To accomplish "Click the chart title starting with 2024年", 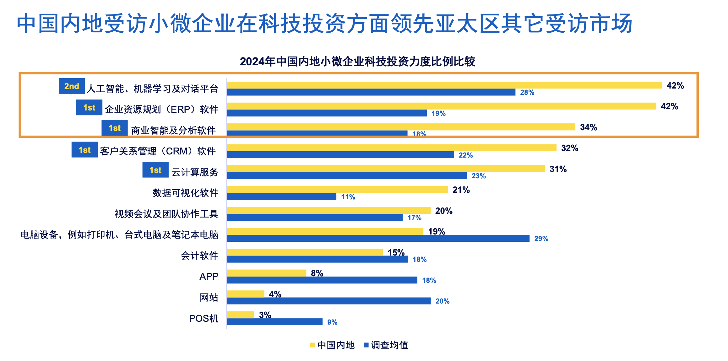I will [x=357, y=62].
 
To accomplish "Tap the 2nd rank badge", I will [x=72, y=86].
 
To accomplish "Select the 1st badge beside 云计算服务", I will [x=155, y=170].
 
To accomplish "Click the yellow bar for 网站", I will [x=245, y=294].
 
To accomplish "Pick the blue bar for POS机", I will [x=274, y=322].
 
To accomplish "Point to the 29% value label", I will [x=541, y=239].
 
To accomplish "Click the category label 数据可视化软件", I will [x=185, y=193].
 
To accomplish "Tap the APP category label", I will [x=209, y=276].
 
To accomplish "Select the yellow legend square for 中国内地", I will [x=312, y=345].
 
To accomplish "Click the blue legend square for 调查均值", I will [x=366, y=345].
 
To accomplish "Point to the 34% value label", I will [x=588, y=127].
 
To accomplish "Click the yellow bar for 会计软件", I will [x=305, y=252].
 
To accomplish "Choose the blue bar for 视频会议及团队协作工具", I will [x=315, y=217].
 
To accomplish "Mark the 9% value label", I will [x=332, y=322].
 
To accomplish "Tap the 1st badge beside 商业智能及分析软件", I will [x=115, y=128].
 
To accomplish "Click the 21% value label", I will [x=461, y=190].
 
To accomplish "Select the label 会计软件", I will [x=199, y=256].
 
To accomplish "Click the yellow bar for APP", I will [x=266, y=273].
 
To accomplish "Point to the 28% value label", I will [x=527, y=92].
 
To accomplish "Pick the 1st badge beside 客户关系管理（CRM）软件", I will [x=84, y=150].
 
